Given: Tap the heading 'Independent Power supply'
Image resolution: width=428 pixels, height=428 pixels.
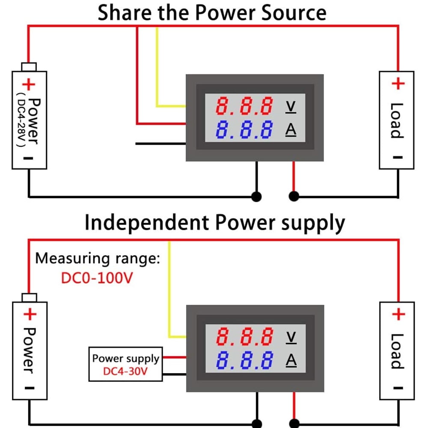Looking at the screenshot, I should (214, 223).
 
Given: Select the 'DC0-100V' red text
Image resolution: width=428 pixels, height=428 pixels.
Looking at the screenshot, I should (97, 278).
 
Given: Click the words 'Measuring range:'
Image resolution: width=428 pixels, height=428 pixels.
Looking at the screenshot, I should (98, 259).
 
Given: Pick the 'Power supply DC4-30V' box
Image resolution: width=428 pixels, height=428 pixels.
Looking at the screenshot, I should (125, 364).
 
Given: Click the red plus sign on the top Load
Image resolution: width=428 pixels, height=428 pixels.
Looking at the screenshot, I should (398, 83).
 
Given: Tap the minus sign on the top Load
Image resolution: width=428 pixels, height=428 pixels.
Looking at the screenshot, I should (398, 157).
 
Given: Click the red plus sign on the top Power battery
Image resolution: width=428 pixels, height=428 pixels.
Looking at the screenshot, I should (30, 84).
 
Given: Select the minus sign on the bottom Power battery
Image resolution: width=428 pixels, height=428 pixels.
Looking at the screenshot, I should (29, 389).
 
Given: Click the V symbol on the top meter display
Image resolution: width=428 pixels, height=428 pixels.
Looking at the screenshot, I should (291, 106).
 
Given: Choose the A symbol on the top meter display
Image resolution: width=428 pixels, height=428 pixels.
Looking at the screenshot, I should (291, 130).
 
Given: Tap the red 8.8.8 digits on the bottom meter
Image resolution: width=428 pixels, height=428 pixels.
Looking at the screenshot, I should (244, 337).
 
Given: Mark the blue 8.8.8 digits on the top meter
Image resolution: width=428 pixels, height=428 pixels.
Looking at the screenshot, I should (244, 130).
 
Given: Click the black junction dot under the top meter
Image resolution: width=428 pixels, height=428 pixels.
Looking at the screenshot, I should (257, 196).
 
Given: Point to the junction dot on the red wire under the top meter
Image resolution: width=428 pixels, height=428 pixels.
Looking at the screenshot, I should (294, 196).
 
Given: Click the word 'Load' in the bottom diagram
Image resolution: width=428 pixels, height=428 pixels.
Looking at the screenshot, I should (397, 351).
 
